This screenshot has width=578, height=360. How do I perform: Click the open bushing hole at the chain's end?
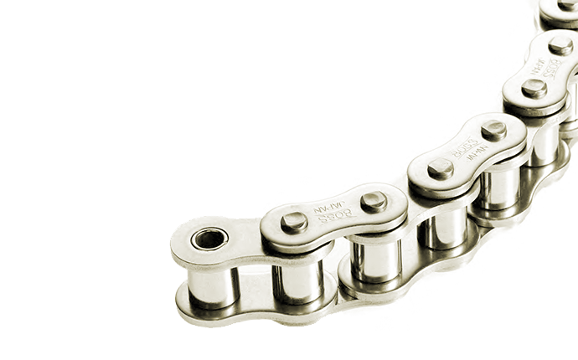[209, 239]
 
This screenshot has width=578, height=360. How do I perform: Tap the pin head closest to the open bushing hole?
[294, 222]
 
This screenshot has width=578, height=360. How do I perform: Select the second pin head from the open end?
[374, 201]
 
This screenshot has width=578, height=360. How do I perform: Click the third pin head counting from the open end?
[441, 168]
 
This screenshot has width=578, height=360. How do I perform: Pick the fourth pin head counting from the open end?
[493, 131]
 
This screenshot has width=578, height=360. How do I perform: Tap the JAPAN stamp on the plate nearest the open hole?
[327, 202]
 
